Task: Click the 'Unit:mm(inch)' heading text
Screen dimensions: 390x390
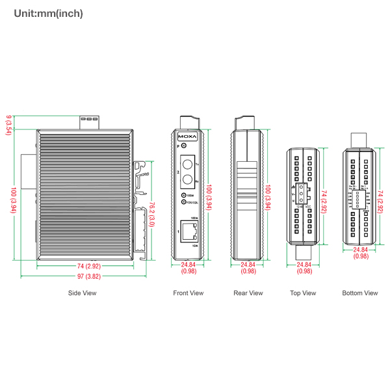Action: (48, 13)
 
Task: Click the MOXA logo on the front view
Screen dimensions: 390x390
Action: (188, 137)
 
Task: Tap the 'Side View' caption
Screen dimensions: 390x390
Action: (82, 293)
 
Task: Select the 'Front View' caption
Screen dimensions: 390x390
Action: (188, 293)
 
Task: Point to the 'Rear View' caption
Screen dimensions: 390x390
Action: (248, 293)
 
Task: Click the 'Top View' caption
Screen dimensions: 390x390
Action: (303, 293)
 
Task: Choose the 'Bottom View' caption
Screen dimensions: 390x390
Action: (360, 293)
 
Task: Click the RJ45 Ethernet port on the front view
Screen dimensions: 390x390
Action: (189, 230)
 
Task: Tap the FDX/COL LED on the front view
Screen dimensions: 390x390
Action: (184, 202)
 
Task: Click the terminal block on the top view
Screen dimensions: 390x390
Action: (301, 195)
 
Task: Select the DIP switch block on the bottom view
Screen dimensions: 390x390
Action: (359, 196)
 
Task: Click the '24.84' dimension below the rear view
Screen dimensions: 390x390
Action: (248, 265)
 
